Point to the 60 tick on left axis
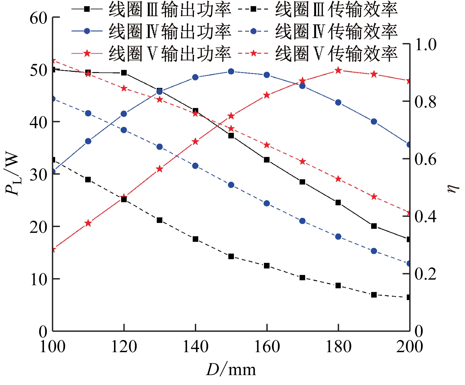pyautogui.click(x=38, y=18)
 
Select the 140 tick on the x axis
pyautogui.click(x=195, y=346)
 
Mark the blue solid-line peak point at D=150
pyautogui.click(x=231, y=72)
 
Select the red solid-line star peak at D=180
pyautogui.click(x=338, y=71)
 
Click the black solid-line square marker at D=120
pyautogui.click(x=124, y=73)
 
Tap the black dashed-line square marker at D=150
pyautogui.click(x=231, y=256)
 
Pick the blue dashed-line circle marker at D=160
pyautogui.click(x=267, y=203)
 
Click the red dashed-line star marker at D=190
pyautogui.click(x=374, y=197)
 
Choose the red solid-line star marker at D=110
pyautogui.click(x=88, y=223)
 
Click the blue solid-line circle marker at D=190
pyautogui.click(x=374, y=121)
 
